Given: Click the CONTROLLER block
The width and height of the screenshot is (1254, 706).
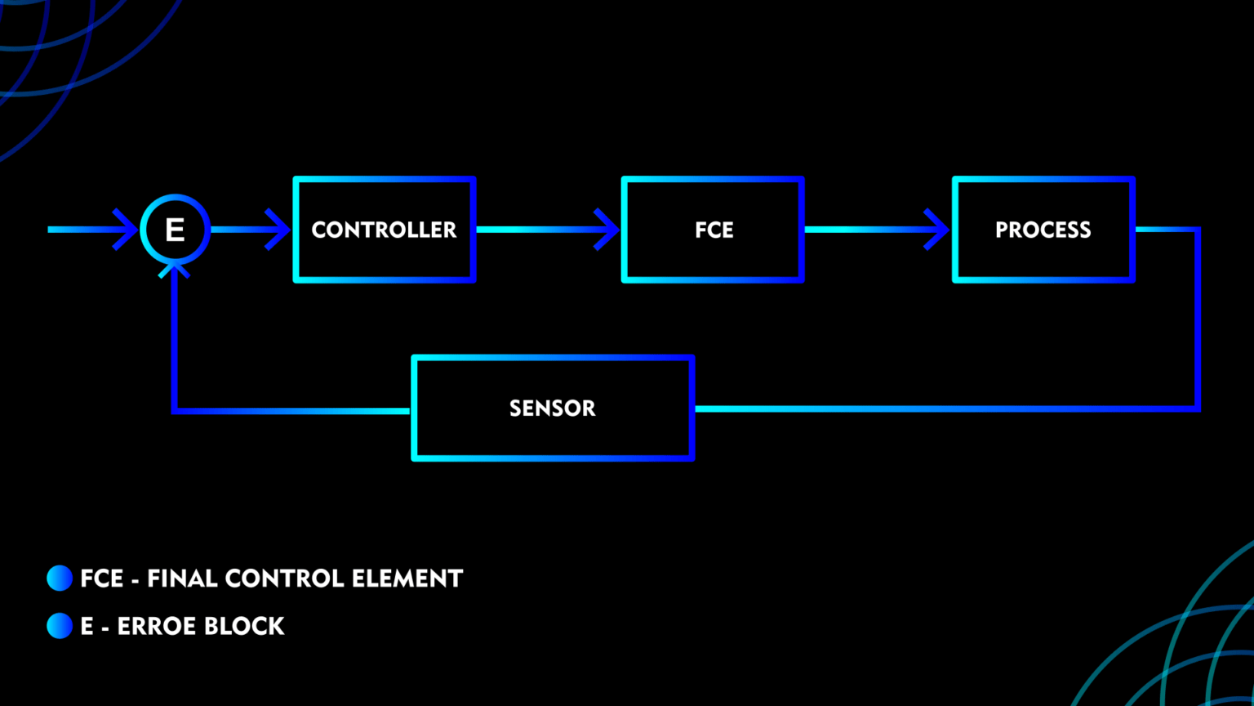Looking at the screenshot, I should [x=384, y=230].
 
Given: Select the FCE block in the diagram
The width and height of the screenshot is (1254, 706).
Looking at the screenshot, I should [x=713, y=230].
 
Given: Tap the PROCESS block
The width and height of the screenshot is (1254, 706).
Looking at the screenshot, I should [x=1043, y=230].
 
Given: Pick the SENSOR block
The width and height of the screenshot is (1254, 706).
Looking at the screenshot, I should [x=553, y=408].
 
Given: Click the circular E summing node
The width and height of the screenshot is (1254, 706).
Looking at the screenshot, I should [x=176, y=230].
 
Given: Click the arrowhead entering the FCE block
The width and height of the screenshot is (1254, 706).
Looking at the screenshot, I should [x=608, y=230].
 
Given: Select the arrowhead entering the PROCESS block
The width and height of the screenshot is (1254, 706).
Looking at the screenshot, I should [x=938, y=230].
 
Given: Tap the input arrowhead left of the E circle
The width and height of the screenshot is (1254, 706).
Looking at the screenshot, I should [x=127, y=230].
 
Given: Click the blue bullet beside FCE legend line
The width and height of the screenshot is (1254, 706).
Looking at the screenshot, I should [x=60, y=578].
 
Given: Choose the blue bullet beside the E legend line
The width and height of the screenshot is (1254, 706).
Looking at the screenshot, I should [x=60, y=626].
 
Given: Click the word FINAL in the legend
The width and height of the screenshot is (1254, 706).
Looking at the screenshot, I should [x=181, y=579].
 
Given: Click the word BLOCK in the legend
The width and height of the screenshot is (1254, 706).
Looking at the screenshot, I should [x=243, y=627].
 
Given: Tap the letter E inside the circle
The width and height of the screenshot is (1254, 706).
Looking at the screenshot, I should [x=175, y=230].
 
